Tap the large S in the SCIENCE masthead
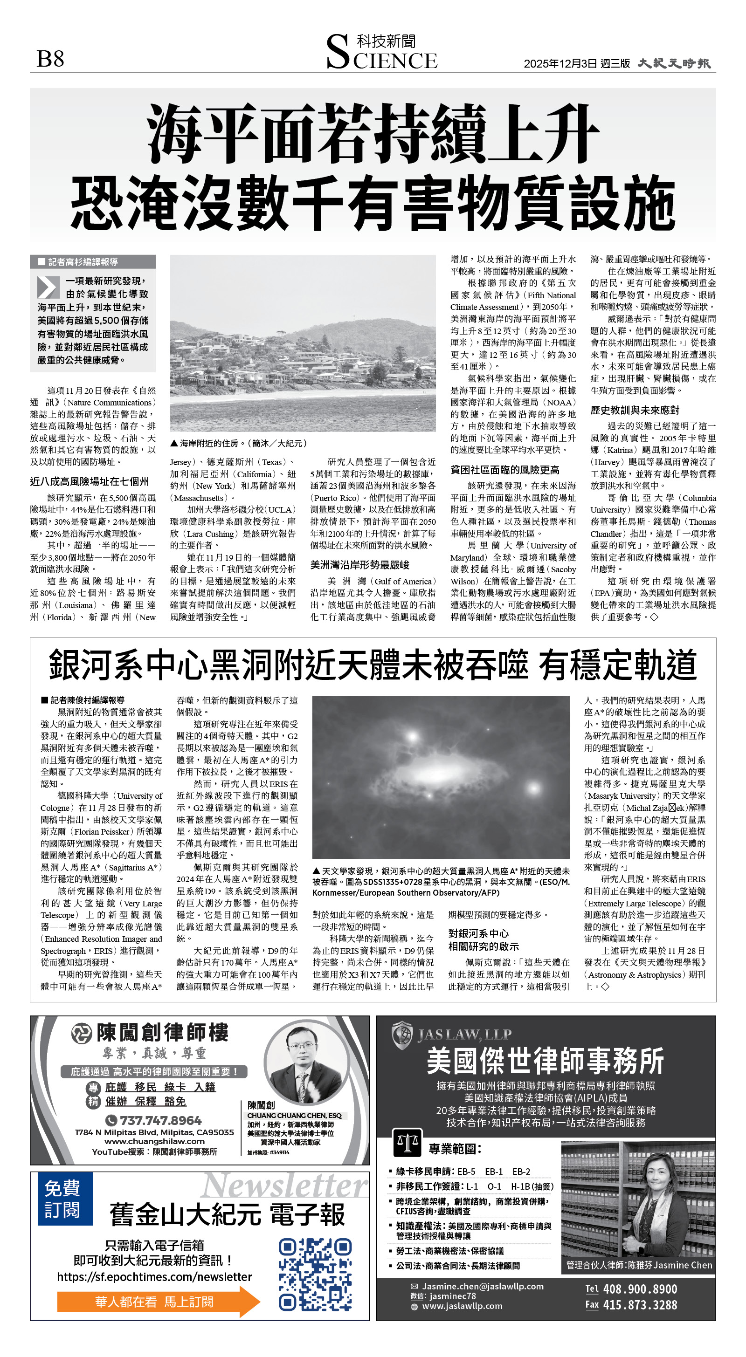338,52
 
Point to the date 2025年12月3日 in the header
560,64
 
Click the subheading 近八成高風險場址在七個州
89,481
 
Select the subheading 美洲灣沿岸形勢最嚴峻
359,565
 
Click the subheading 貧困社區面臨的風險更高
504,470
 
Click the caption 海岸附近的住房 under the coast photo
242,444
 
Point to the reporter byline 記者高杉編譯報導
83,262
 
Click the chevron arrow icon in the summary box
48,287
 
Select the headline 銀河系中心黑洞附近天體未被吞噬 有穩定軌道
372,665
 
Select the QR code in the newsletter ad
315,1275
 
